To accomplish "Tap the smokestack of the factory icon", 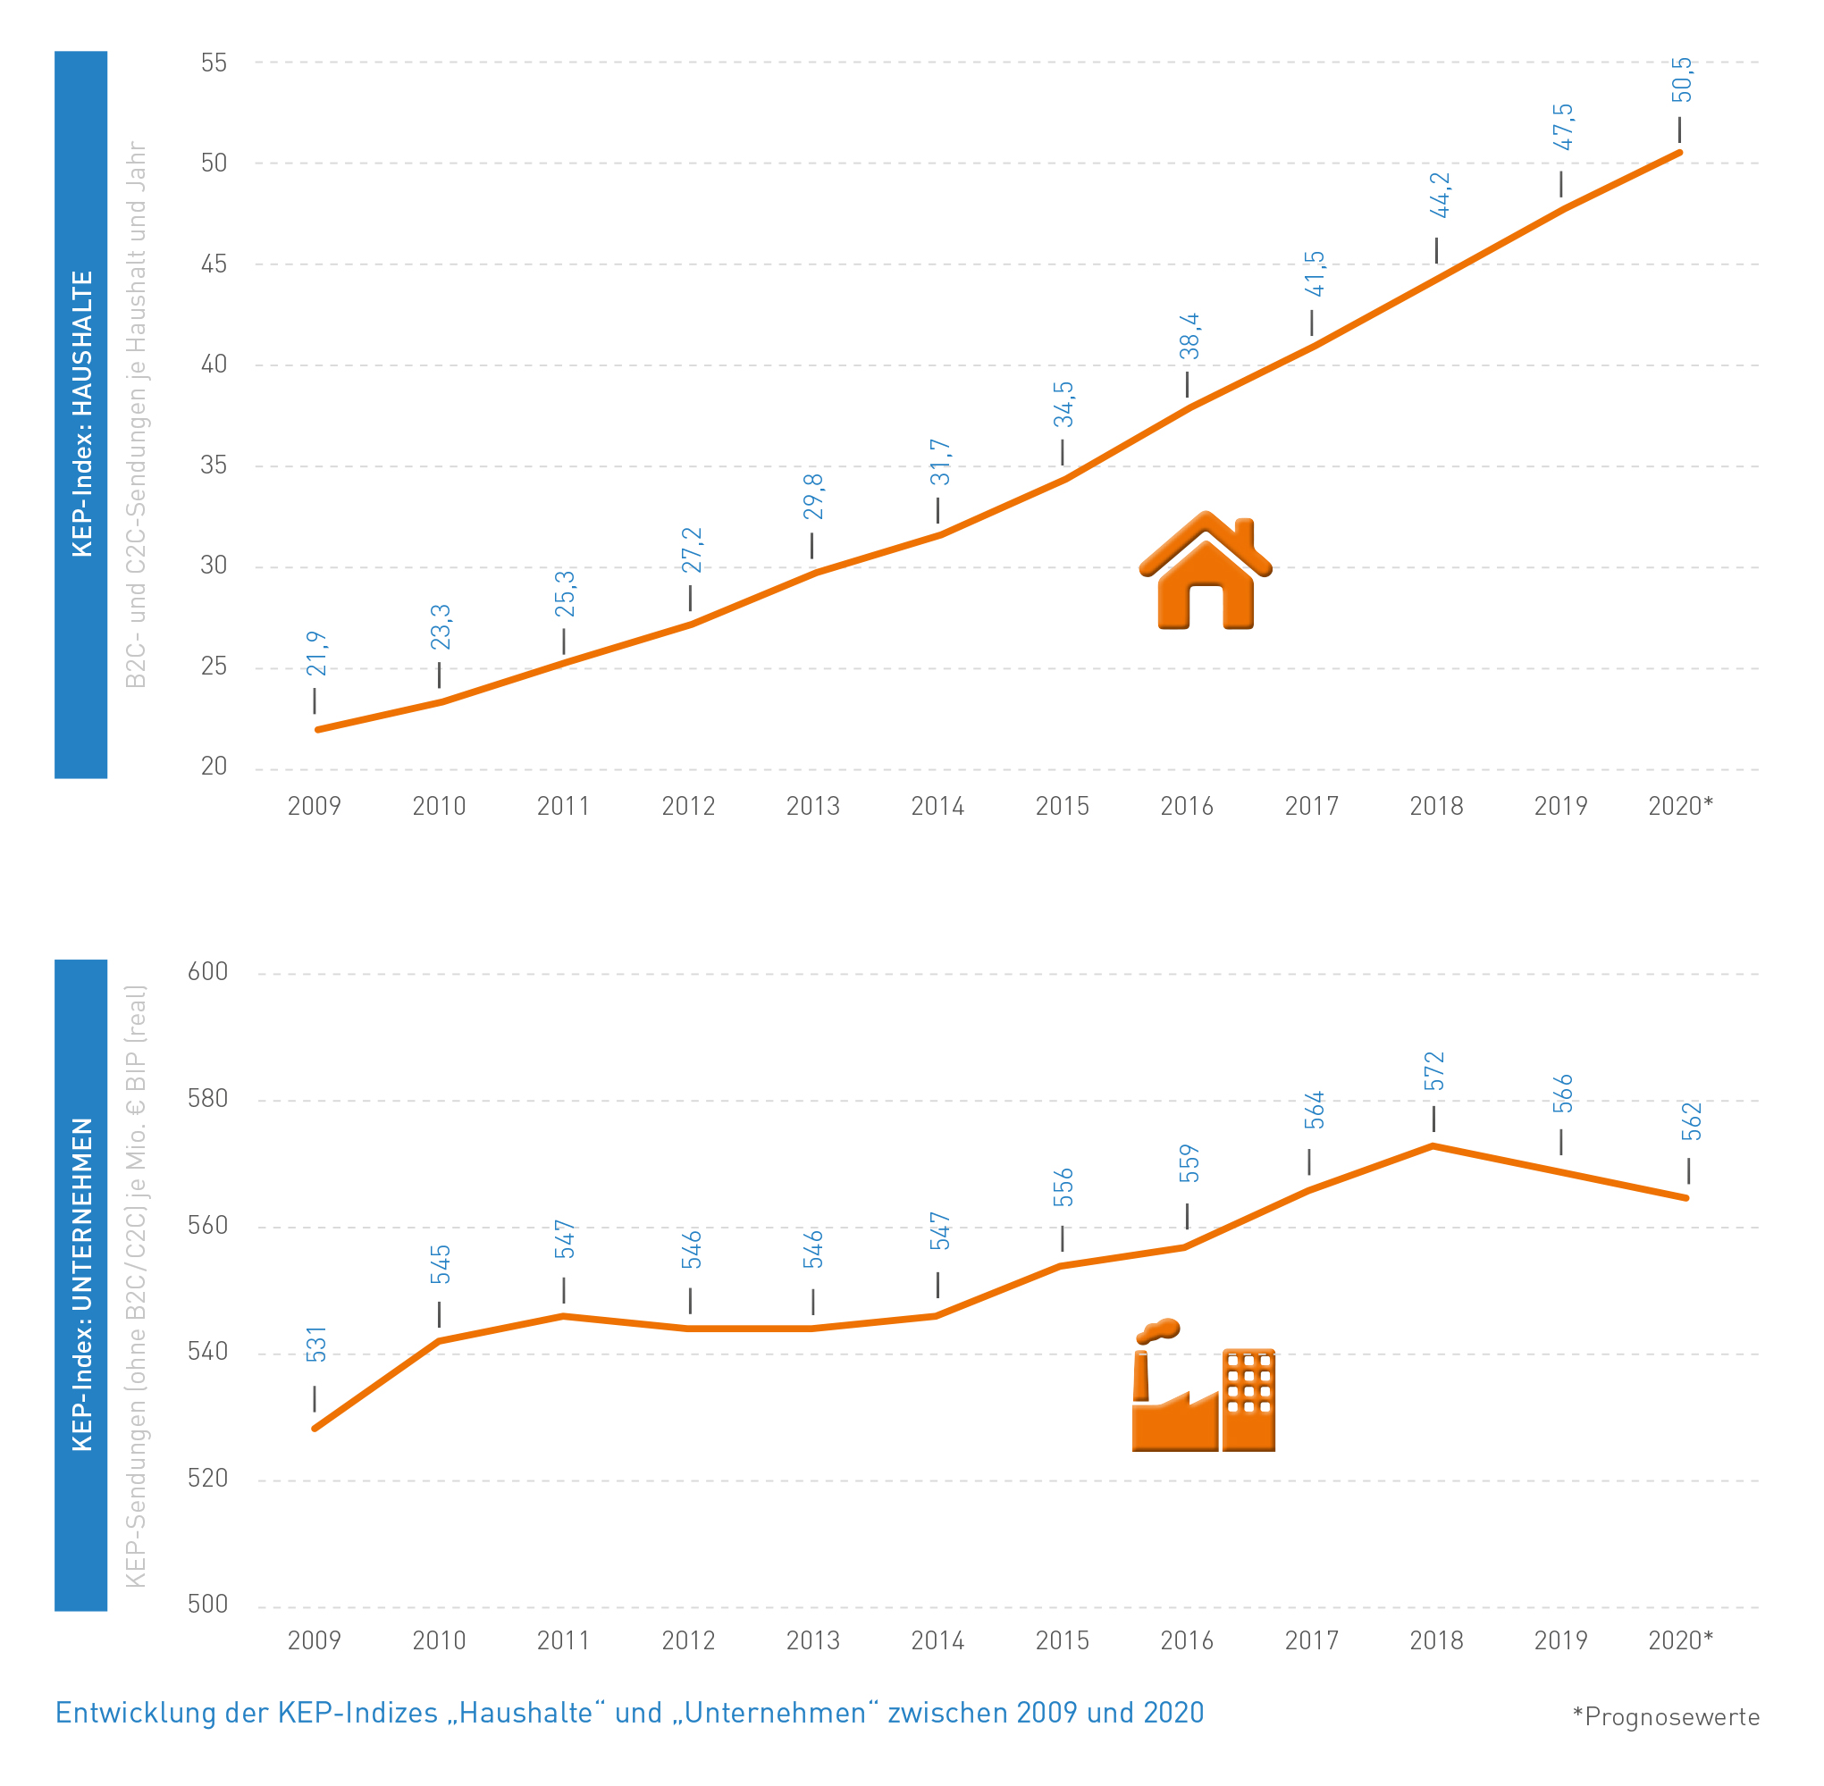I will (1141, 1375).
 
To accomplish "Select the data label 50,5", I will (1681, 80).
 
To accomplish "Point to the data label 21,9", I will (317, 654).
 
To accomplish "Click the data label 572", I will (1433, 1071).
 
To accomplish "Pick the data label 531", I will (317, 1344).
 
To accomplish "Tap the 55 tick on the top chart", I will (214, 63).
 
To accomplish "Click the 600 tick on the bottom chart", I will (208, 972).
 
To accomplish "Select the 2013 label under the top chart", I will (812, 806).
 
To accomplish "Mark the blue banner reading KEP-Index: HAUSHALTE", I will (80, 414).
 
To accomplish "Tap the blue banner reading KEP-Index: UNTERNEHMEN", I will (80, 1284).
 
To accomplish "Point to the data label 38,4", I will (1189, 337).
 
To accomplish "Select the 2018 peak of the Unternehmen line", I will (1433, 1146).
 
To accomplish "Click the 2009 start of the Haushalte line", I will (318, 729).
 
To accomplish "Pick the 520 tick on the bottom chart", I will (208, 1479).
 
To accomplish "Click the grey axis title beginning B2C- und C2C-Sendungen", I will (137, 414).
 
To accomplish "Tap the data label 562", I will (1691, 1122).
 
